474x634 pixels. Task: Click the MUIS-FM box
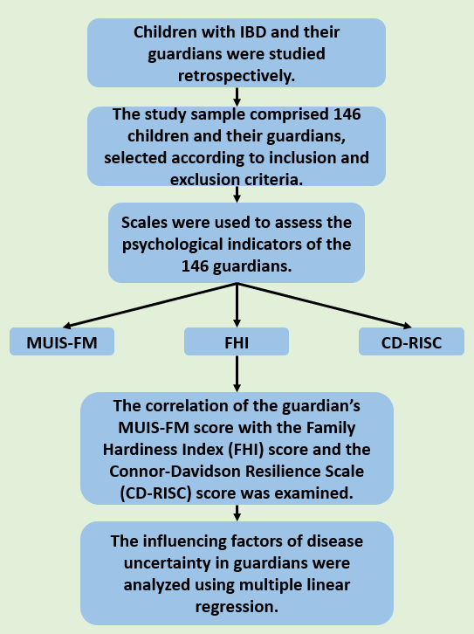[x=62, y=341]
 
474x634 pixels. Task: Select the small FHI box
[x=237, y=341]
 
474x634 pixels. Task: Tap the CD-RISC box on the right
[x=411, y=341]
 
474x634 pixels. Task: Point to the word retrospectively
[x=237, y=76]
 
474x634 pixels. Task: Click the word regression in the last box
[x=237, y=607]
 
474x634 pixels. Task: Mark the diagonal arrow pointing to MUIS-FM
[x=150, y=306]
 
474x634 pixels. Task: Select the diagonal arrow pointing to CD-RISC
[x=325, y=306]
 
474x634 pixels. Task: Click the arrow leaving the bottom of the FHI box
[x=237, y=374]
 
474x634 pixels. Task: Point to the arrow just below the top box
[x=237, y=97]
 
